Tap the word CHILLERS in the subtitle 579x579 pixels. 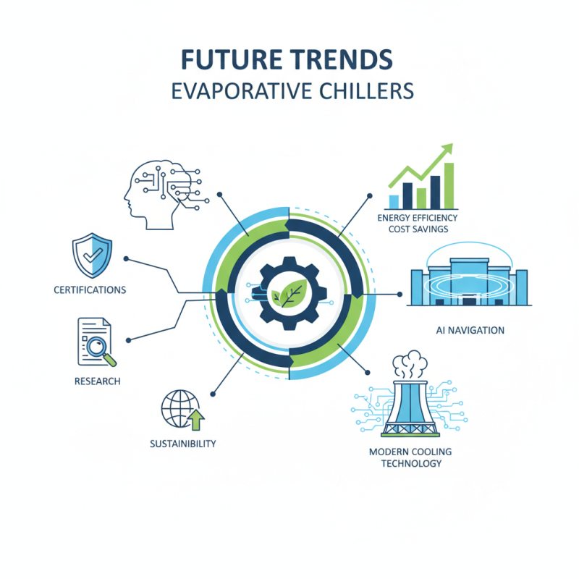coord(365,91)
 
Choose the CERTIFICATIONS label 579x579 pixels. coord(90,290)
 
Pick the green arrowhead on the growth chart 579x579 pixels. coord(447,149)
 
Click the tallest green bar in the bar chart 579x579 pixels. coord(449,185)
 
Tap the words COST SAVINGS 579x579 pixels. coord(418,229)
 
